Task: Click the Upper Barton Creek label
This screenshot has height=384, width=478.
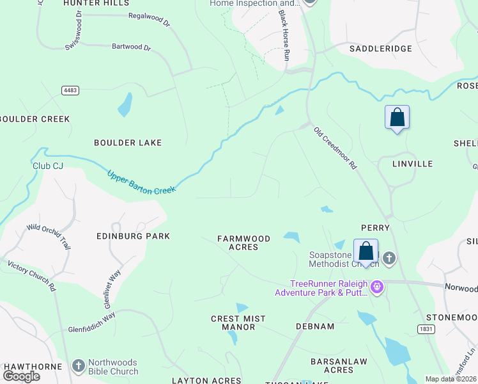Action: (x=141, y=181)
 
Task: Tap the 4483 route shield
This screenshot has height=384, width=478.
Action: (x=70, y=90)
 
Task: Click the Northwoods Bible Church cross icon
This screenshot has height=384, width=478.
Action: (x=79, y=366)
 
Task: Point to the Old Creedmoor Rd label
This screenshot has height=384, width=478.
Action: (x=335, y=148)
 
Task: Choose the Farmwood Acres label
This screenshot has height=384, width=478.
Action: (x=243, y=243)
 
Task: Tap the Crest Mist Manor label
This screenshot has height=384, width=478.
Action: (x=233, y=323)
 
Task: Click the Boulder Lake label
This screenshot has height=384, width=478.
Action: (x=128, y=142)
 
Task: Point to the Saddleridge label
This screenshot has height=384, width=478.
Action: (x=380, y=49)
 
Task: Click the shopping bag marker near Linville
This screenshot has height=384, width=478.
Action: (x=397, y=118)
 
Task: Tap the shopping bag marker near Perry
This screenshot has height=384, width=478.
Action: (x=366, y=251)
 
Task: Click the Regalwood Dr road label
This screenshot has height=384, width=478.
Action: (x=149, y=20)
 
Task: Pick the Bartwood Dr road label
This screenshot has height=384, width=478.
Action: (x=131, y=47)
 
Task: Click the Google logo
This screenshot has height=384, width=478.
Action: (x=22, y=376)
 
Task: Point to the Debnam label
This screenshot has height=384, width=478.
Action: (x=315, y=326)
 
